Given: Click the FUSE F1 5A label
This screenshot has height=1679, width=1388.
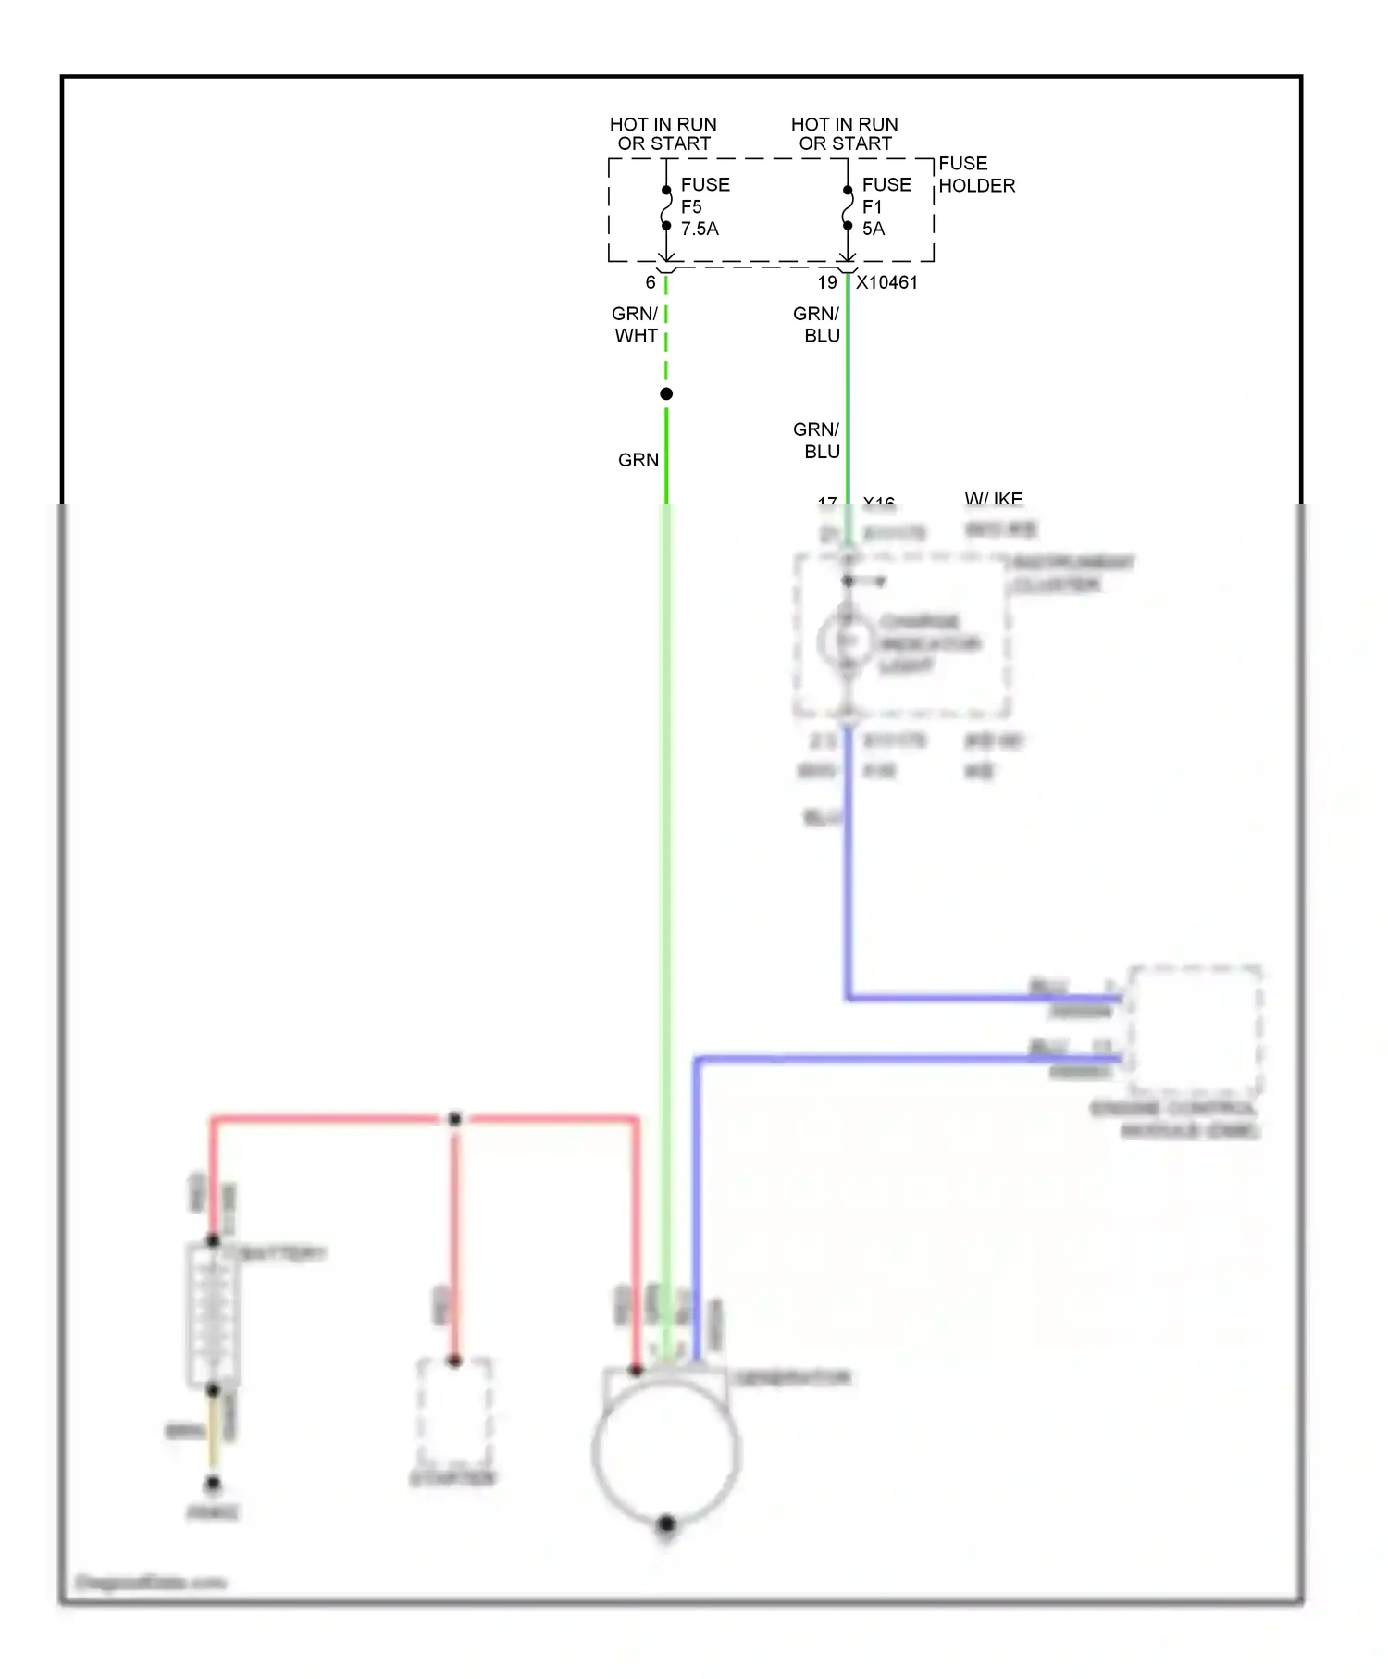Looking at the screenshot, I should [885, 206].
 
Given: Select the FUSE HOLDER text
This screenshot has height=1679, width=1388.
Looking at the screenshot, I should [975, 174].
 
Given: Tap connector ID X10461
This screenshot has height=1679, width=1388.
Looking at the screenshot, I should [886, 282].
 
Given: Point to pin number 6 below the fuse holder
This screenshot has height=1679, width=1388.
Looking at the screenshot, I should [651, 282].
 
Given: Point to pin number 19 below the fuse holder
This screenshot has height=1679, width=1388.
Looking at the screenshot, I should [827, 282].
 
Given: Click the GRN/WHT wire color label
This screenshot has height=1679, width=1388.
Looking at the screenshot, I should [636, 325].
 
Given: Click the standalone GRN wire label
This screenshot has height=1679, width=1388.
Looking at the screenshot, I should [638, 460].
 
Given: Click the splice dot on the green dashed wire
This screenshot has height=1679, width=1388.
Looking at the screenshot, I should [666, 394].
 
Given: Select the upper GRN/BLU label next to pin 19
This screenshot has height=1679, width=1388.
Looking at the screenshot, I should [817, 325].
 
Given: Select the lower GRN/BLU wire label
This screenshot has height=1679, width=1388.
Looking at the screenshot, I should [817, 441].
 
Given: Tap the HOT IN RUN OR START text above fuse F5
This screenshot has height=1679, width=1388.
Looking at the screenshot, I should [663, 133].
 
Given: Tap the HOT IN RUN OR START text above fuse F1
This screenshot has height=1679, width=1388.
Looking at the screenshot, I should [845, 133].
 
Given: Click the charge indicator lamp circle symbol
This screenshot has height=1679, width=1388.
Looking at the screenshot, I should [846, 641].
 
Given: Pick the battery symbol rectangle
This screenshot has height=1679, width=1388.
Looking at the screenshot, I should [214, 1315].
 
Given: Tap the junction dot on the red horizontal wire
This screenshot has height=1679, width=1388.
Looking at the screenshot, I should [454, 1120].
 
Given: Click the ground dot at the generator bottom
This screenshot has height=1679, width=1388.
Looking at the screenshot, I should [666, 1524].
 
